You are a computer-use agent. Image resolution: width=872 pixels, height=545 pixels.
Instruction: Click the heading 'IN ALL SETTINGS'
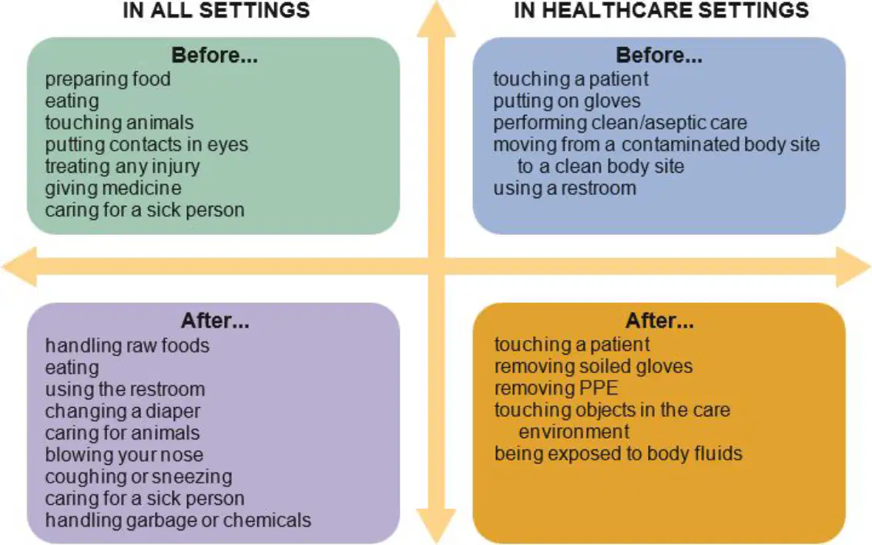pos(216,10)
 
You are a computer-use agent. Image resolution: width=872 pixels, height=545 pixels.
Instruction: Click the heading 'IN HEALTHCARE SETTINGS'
pos(661,10)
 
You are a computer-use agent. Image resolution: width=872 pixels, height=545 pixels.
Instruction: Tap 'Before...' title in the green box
pos(214,55)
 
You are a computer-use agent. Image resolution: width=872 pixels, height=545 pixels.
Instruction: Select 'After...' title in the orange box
pos(659,321)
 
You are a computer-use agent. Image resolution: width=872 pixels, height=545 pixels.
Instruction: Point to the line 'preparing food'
pos(108,79)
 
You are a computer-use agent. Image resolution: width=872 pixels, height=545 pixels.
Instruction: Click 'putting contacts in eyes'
pos(146,145)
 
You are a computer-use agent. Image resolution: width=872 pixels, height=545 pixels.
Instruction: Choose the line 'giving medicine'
pos(113,188)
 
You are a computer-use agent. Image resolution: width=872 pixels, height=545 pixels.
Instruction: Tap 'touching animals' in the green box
pos(119,123)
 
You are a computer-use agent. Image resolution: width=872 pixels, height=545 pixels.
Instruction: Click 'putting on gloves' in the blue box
pos(567,101)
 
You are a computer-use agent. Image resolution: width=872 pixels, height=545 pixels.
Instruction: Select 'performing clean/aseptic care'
pos(620,123)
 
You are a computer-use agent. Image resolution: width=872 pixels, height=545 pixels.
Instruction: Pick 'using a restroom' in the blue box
pos(565,188)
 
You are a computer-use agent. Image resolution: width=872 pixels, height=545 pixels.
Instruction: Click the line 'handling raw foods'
pos(127,345)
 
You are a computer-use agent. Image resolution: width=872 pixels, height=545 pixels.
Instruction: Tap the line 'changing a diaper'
pos(122,412)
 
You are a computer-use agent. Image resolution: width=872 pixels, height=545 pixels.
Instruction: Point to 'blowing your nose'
pos(124,455)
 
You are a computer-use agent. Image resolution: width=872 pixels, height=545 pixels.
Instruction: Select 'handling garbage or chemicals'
pos(178,520)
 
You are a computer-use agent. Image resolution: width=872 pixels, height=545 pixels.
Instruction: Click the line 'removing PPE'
pos(556,388)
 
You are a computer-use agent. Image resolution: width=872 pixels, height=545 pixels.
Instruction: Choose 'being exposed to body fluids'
pos(619,454)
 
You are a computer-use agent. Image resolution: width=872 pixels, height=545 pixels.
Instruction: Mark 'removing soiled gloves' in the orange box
pos(593,366)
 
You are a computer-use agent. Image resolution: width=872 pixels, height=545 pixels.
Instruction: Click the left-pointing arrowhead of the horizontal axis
pos(19,267)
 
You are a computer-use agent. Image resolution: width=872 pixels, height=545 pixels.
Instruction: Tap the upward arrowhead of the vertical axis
pos(437,19)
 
